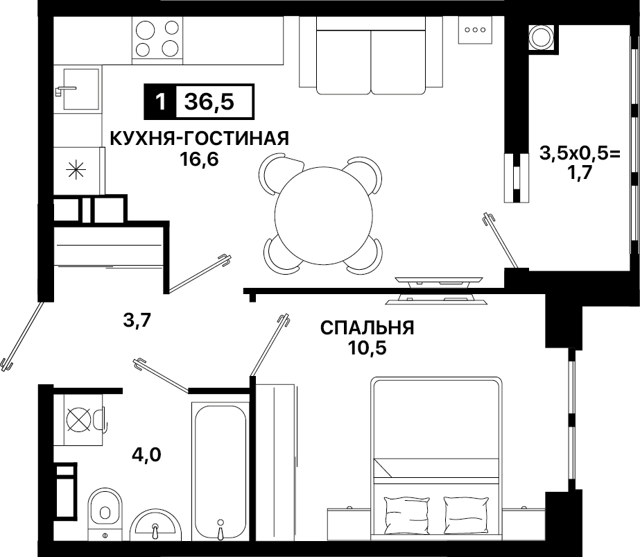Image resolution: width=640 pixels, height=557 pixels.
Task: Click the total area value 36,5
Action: [x=209, y=101]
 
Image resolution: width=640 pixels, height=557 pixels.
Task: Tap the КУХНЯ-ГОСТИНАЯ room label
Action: [x=200, y=139]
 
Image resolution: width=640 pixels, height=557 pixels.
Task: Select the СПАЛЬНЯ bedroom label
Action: [x=367, y=327]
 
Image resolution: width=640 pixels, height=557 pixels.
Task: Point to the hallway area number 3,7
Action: [x=137, y=320]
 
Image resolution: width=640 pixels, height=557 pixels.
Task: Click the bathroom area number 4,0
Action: [x=146, y=454]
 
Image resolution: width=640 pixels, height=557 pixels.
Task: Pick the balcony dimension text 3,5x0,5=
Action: [x=580, y=153]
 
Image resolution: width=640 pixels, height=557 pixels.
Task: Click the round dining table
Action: [x=324, y=215]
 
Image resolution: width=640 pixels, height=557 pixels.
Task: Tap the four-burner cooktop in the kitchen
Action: [x=157, y=40]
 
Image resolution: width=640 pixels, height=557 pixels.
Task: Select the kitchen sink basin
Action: [x=81, y=89]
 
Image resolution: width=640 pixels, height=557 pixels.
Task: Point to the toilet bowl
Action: [x=105, y=508]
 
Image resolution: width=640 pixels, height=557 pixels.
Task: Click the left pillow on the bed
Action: [x=401, y=512]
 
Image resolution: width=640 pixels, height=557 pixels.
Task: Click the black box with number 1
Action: [x=160, y=102]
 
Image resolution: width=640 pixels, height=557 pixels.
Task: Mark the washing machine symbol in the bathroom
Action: [x=80, y=420]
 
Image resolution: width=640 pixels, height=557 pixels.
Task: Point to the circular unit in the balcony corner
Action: [x=542, y=38]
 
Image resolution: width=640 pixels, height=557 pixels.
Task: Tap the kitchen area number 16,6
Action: [x=199, y=160]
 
